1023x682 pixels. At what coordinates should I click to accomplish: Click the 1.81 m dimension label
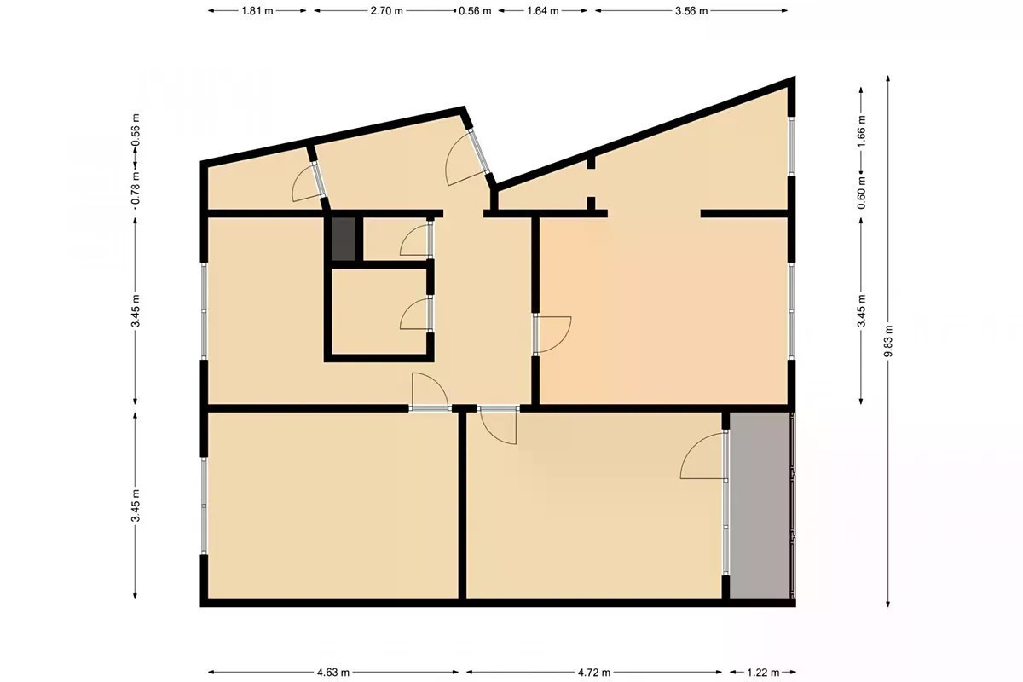click(x=257, y=11)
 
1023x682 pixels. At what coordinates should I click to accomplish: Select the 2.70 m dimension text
click(x=386, y=11)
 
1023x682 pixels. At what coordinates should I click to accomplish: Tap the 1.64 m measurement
click(x=542, y=11)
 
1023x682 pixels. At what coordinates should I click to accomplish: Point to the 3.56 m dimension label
click(x=691, y=11)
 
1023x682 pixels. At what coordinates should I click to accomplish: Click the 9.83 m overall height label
click(x=888, y=341)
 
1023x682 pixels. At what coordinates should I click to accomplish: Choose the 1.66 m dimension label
click(x=861, y=131)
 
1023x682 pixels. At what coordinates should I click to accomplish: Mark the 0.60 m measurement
click(x=861, y=193)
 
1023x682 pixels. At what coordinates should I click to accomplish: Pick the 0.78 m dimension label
click(x=136, y=188)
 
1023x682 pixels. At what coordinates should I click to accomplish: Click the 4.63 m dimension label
click(x=333, y=673)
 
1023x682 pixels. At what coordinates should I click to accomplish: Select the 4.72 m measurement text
click(x=593, y=673)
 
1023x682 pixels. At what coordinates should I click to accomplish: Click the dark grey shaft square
click(x=344, y=239)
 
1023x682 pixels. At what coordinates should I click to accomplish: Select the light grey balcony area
click(x=760, y=506)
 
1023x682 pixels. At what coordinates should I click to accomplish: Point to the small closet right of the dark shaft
click(x=395, y=239)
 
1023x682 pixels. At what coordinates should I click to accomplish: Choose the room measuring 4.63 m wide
click(x=333, y=506)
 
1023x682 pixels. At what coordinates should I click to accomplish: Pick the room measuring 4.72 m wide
click(x=593, y=506)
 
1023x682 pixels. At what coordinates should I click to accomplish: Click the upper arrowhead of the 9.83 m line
click(x=888, y=78)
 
